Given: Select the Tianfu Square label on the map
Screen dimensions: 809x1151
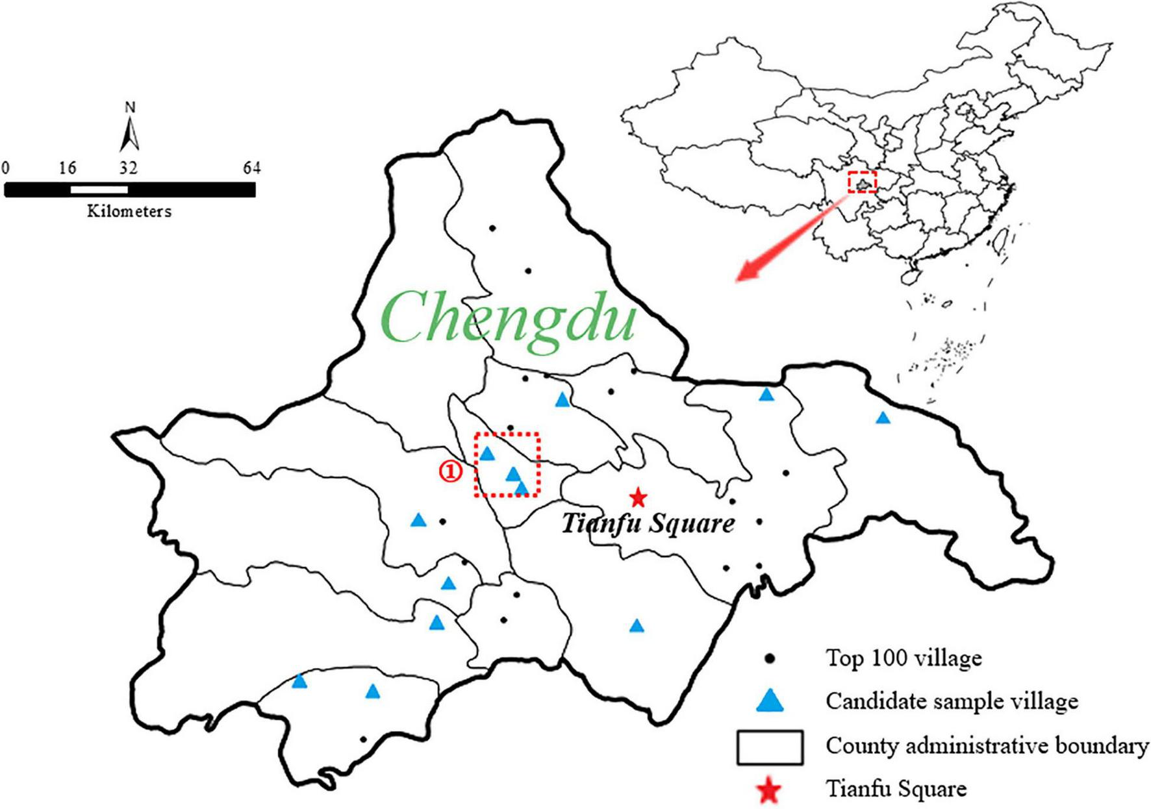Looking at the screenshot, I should (x=648, y=523).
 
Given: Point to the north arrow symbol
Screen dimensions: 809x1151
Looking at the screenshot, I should (x=130, y=133).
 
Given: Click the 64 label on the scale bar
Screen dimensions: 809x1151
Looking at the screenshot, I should (x=251, y=168).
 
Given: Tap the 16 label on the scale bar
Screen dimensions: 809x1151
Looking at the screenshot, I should (x=68, y=168).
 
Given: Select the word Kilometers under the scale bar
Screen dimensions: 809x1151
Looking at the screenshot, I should (x=129, y=211).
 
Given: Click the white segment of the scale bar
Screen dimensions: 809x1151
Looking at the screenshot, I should (x=99, y=190).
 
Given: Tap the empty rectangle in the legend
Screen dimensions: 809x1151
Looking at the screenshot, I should (x=770, y=747).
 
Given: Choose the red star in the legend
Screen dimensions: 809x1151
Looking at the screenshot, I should (x=770, y=790).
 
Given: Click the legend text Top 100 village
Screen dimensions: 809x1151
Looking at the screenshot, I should (x=904, y=658).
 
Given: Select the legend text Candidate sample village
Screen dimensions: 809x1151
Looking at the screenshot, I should (x=952, y=701).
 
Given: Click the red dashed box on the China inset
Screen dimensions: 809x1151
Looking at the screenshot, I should (x=863, y=182).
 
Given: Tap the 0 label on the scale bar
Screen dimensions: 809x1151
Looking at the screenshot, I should (x=6, y=168).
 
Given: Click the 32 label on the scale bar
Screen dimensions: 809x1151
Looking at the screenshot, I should (x=128, y=168).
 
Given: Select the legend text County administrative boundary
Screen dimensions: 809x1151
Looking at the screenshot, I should (x=987, y=746).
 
